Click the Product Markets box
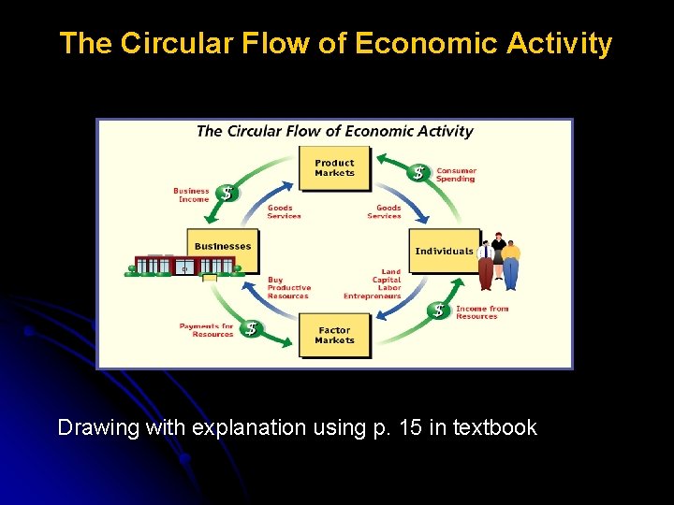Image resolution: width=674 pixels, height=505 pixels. [334, 168]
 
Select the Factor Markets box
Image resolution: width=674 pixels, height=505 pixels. [334, 335]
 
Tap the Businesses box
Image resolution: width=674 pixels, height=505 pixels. [223, 248]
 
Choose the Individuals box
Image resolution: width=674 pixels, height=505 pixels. [444, 251]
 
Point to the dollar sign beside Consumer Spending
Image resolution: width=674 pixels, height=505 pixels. [420, 173]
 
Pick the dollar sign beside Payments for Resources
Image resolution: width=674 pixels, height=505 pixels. [252, 329]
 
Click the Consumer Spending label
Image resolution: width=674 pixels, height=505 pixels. [456, 175]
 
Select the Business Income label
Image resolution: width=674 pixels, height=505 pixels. [191, 195]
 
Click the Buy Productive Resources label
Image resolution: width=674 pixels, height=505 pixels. [287, 288]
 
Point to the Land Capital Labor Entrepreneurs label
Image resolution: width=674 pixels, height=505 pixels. [374, 284]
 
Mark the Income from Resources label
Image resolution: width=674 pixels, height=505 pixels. [482, 312]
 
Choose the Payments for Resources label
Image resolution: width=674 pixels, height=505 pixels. [206, 330]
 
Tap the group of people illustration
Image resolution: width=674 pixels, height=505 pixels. [498, 261]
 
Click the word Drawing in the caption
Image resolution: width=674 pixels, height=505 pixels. [94, 428]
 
